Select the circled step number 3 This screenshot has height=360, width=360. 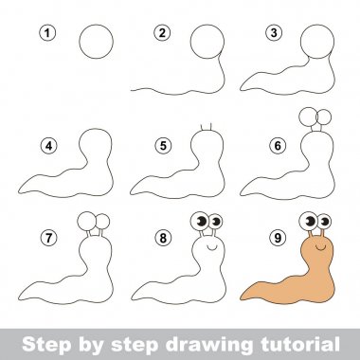[x=276, y=33]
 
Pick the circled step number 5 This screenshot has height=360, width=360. [x=162, y=146]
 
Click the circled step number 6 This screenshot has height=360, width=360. [x=276, y=146]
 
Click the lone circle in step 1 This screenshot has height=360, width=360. [x=95, y=44]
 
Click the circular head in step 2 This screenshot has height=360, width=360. [x=208, y=44]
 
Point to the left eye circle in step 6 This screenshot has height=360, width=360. [x=306, y=117]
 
